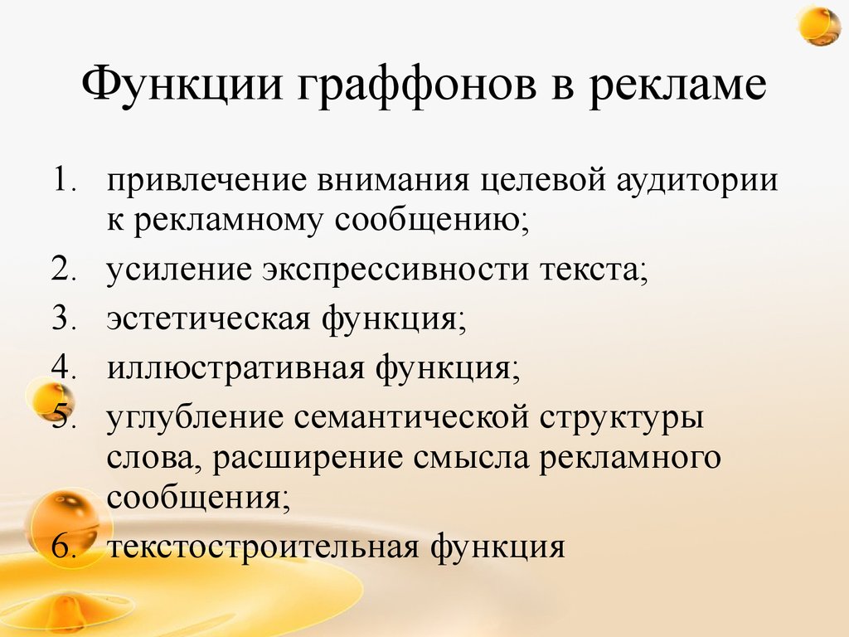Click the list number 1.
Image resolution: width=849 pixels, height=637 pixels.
[x=64, y=182]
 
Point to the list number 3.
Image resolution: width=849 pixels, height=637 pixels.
[x=64, y=319]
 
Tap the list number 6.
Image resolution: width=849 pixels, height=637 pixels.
[x=64, y=548]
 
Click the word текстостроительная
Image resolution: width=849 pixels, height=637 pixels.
[x=267, y=548]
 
